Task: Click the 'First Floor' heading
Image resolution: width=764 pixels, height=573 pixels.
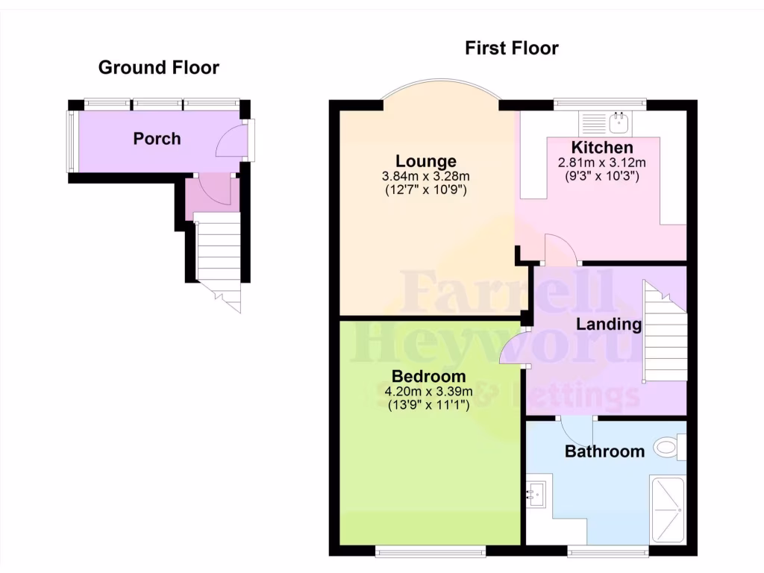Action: pyautogui.click(x=511, y=48)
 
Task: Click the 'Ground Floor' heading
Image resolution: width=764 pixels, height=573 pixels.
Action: pyautogui.click(x=159, y=68)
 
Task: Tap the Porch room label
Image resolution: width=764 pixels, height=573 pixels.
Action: pyautogui.click(x=157, y=139)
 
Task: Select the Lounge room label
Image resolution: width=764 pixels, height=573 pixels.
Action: pyautogui.click(x=425, y=161)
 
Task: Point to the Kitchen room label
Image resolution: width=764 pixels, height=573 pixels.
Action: pyautogui.click(x=602, y=148)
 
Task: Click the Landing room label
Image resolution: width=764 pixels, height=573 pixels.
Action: pyautogui.click(x=608, y=324)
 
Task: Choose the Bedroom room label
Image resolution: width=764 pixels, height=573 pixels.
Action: pyautogui.click(x=429, y=376)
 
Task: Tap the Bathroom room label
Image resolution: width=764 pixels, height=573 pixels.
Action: pyautogui.click(x=604, y=451)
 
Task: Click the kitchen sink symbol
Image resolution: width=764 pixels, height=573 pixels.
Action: pyautogui.click(x=619, y=119)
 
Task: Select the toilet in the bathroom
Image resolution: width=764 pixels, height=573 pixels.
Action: pyautogui.click(x=668, y=448)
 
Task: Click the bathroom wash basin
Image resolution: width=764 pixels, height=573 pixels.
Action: pyautogui.click(x=536, y=492)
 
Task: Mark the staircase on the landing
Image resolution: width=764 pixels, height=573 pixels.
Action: pyautogui.click(x=665, y=332)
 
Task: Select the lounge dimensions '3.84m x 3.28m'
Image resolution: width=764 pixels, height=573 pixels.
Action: pyautogui.click(x=425, y=176)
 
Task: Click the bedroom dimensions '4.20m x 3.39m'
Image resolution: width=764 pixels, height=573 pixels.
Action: pyautogui.click(x=429, y=392)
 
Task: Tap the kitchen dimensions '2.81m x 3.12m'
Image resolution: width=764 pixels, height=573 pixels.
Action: pyautogui.click(x=601, y=163)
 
